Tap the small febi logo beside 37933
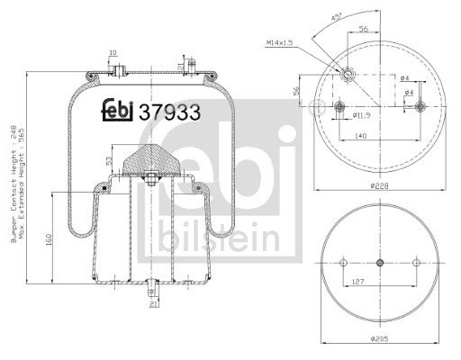tap(118, 109)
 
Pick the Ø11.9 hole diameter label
tap(361, 116)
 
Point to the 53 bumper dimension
tap(109, 160)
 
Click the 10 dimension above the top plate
tap(113, 53)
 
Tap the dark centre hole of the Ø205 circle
tap(379, 263)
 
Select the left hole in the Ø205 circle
tap(343, 263)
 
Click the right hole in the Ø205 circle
tap(415, 263)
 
